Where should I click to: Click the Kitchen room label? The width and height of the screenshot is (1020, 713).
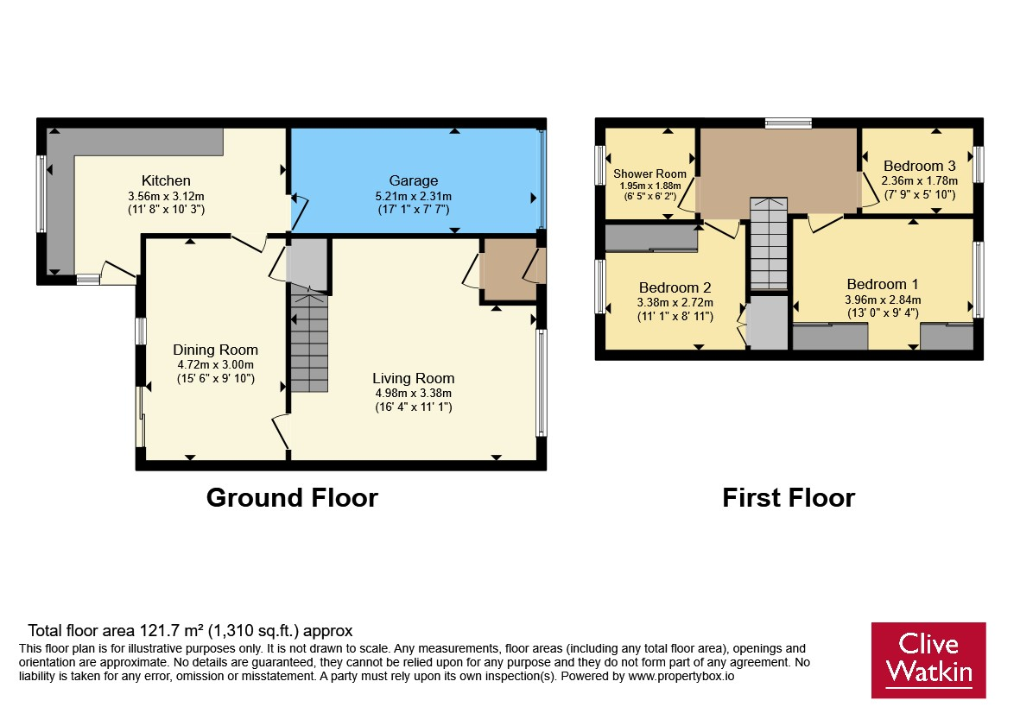point(166,180)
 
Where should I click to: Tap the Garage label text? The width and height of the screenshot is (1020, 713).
point(414,180)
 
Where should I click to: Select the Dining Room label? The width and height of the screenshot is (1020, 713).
point(215,350)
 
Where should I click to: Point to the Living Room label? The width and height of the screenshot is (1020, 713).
point(413,378)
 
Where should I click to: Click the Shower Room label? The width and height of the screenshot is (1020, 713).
point(649,174)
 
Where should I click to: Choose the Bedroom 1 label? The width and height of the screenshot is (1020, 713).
point(883,284)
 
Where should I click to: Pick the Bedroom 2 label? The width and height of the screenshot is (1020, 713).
point(675,287)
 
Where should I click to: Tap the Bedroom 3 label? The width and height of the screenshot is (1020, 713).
point(920,166)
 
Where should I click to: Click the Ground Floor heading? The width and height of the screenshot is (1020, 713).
point(292,498)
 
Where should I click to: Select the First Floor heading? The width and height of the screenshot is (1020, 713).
point(789,498)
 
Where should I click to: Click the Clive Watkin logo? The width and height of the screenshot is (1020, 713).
point(928,660)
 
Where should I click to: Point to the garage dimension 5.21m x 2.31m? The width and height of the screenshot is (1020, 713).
point(414,196)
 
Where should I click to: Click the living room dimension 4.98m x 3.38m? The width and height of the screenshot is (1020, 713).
point(413,394)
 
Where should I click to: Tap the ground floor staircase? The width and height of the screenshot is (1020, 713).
point(309,341)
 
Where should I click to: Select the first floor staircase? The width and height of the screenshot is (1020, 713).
point(769,243)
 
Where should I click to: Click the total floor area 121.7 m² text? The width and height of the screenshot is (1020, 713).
point(190,630)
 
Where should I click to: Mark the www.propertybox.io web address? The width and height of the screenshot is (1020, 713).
point(681,676)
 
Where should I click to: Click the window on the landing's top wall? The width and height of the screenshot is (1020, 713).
point(789,123)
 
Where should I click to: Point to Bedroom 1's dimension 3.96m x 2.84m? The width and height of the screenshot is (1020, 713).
point(883,300)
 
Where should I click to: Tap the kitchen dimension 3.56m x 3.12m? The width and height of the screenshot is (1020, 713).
point(166,196)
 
